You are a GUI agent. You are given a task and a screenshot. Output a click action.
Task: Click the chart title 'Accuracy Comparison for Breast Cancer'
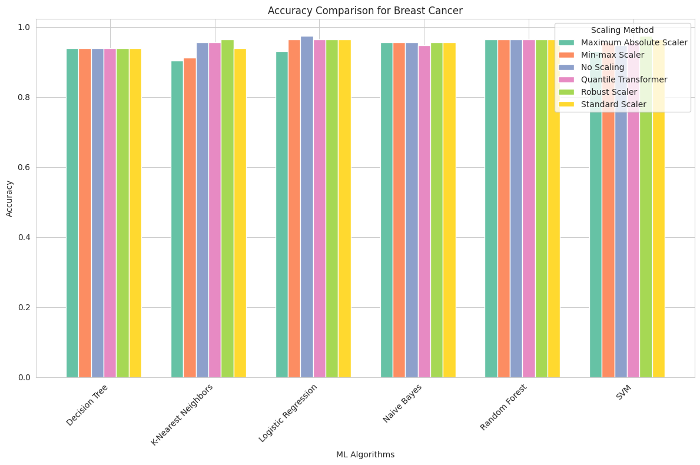click(x=365, y=11)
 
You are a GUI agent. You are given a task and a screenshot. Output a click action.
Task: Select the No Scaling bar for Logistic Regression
click(x=307, y=207)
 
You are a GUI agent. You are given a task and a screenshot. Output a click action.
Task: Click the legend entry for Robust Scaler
click(x=608, y=92)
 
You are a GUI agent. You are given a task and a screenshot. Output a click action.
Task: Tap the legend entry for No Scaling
click(x=602, y=67)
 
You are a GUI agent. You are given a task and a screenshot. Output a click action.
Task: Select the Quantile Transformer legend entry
click(x=623, y=79)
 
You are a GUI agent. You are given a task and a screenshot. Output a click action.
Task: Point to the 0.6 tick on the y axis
click(x=24, y=167)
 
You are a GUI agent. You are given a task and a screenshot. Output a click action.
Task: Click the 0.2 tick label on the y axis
click(x=24, y=307)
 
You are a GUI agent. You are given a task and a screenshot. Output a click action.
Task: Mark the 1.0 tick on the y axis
click(x=24, y=28)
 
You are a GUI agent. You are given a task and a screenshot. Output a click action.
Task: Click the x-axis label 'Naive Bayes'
click(x=403, y=403)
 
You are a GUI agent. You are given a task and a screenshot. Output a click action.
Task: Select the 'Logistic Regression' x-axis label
click(x=288, y=413)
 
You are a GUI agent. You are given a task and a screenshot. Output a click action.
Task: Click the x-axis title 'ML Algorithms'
click(x=365, y=454)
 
